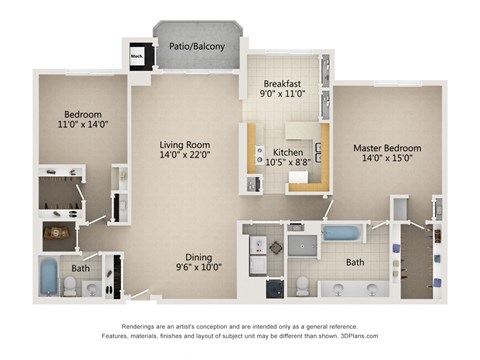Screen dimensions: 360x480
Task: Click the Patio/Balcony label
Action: tap(197, 46)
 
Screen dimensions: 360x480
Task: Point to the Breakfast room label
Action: tap(282, 84)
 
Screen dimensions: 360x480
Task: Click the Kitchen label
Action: tap(288, 152)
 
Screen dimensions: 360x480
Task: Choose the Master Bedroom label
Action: tap(387, 148)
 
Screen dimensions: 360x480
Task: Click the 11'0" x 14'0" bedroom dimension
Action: tap(78, 126)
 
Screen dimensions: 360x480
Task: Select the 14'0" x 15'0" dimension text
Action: tap(387, 161)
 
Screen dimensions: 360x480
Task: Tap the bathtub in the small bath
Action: tap(49, 276)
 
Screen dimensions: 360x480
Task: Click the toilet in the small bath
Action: tap(71, 286)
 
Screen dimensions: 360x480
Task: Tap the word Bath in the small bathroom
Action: tap(80, 267)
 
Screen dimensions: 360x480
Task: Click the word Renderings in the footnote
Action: tap(141, 328)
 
